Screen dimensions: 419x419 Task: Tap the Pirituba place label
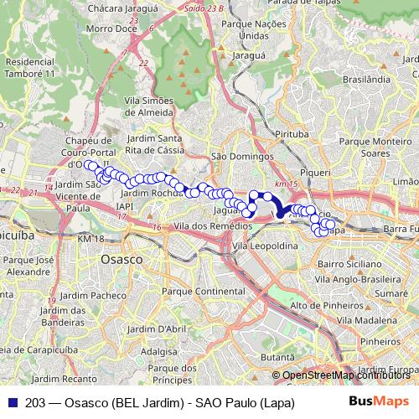pyautogui.click(x=292, y=133)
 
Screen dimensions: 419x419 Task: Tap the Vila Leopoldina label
pyautogui.click(x=266, y=246)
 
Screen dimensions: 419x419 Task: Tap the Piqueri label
pyautogui.click(x=315, y=168)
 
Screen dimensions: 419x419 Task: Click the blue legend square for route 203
pyautogui.click(x=8, y=403)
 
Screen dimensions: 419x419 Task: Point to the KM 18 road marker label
pyautogui.click(x=92, y=240)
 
